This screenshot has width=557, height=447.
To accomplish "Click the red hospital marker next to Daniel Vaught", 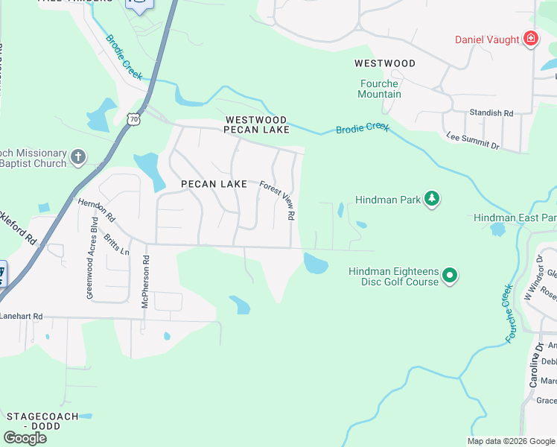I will coord(531,39).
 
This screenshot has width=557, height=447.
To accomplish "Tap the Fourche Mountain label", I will coord(379,89).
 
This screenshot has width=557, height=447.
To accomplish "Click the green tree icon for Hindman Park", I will coord(431,199).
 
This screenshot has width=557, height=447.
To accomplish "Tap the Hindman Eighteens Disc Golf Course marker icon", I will coord(450,276).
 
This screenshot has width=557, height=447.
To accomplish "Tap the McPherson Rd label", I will coord(146,282).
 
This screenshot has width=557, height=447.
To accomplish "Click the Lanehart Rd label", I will coord(22,316).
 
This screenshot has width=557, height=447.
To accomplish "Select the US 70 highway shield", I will coord(133,119).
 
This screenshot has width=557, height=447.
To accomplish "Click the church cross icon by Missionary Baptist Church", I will coord(78,158).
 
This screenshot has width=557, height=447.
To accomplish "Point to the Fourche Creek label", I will coord(509,313).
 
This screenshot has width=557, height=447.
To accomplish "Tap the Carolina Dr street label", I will coord(536,365).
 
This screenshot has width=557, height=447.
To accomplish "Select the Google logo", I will coord(25,437).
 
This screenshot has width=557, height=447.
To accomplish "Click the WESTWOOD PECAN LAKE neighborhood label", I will coord(257,124).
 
